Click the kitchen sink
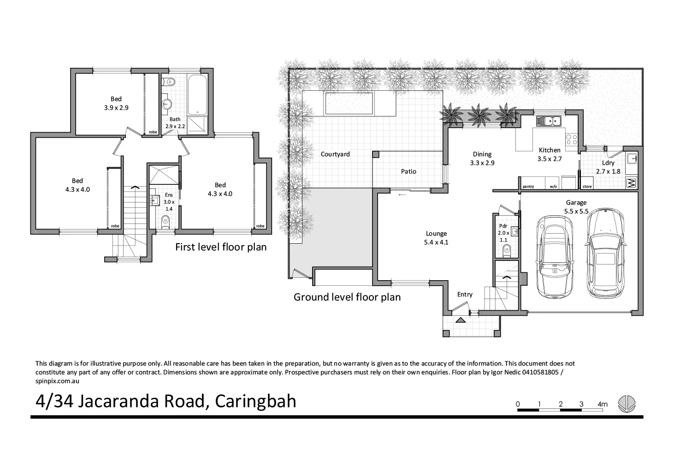click(x=548, y=121)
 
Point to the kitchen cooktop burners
click(x=571, y=139)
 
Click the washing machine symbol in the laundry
click(x=631, y=183)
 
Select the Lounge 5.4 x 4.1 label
click(x=436, y=237)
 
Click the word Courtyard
click(x=335, y=154)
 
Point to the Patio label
click(x=408, y=171)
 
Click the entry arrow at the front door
click(x=460, y=320)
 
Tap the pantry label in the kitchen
click(x=528, y=187)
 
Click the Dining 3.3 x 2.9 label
click(x=482, y=159)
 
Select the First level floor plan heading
click(x=221, y=247)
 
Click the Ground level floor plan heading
click(x=347, y=297)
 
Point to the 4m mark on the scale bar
click(x=602, y=405)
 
